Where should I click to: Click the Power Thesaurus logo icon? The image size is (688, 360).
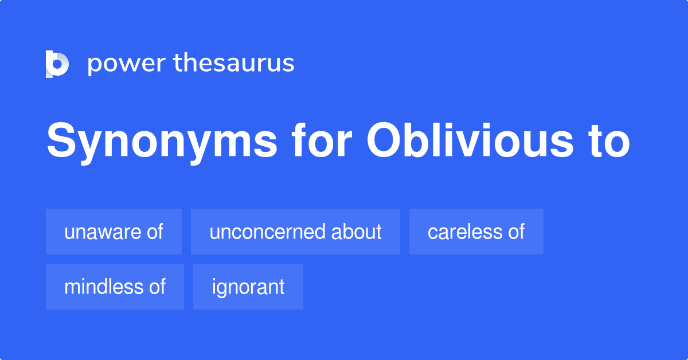pos(57,64)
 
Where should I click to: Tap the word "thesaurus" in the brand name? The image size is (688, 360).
pos(234,64)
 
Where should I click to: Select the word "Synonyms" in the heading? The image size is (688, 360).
pos(162,141)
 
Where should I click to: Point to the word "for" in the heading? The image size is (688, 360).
pos(320,141)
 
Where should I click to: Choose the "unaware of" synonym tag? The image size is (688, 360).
pos(114,232)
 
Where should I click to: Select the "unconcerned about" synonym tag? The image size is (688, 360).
pos(295,232)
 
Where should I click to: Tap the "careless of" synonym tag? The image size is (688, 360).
pos(476,232)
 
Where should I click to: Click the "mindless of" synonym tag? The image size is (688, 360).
pos(115,287)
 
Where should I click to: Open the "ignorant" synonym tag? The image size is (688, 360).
pos(248,287)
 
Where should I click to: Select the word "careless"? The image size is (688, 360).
pos(463,232)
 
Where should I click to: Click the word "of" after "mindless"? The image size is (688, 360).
pos(157,287)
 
